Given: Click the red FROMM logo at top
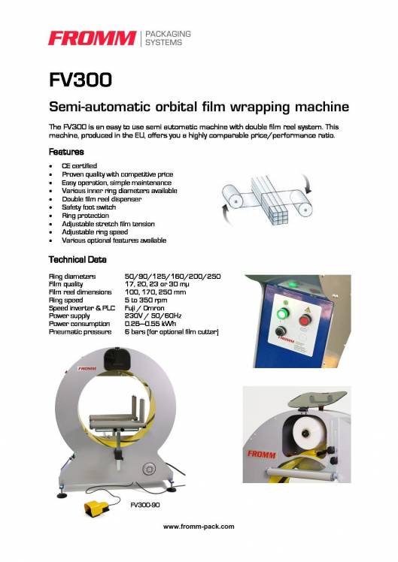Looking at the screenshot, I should (x=90, y=38).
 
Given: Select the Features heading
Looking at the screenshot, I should (x=66, y=152).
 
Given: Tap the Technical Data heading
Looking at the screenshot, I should (x=77, y=259).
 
